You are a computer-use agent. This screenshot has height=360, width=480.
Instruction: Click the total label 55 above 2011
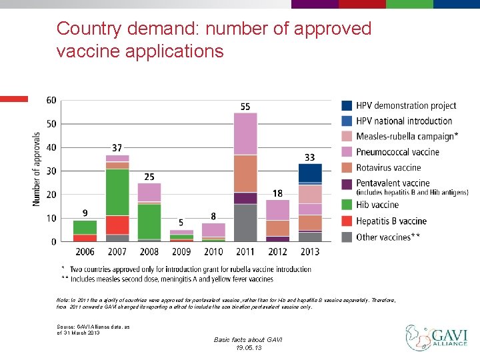click(245, 107)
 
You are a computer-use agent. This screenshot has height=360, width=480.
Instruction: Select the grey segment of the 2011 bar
click(245, 223)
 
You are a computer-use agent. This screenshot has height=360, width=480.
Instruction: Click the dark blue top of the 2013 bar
click(310, 173)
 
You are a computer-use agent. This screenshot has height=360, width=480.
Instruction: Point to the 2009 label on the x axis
click(181, 252)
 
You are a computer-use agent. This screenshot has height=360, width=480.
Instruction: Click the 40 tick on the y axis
click(51, 147)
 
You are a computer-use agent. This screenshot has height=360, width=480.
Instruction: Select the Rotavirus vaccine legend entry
click(388, 168)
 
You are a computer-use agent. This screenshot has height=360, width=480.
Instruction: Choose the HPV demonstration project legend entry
click(405, 105)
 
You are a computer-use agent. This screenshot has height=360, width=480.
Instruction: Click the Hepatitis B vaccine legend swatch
click(347, 221)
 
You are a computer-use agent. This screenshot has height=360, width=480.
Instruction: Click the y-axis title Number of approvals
click(37, 168)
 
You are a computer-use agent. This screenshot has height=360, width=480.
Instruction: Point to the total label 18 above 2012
click(277, 193)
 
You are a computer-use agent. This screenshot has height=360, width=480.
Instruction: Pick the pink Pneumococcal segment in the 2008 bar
click(149, 192)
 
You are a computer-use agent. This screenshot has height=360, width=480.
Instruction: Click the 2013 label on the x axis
click(310, 252)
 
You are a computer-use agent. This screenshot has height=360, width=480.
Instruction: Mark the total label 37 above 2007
click(117, 148)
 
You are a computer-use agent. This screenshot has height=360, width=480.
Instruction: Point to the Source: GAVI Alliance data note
click(79, 329)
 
